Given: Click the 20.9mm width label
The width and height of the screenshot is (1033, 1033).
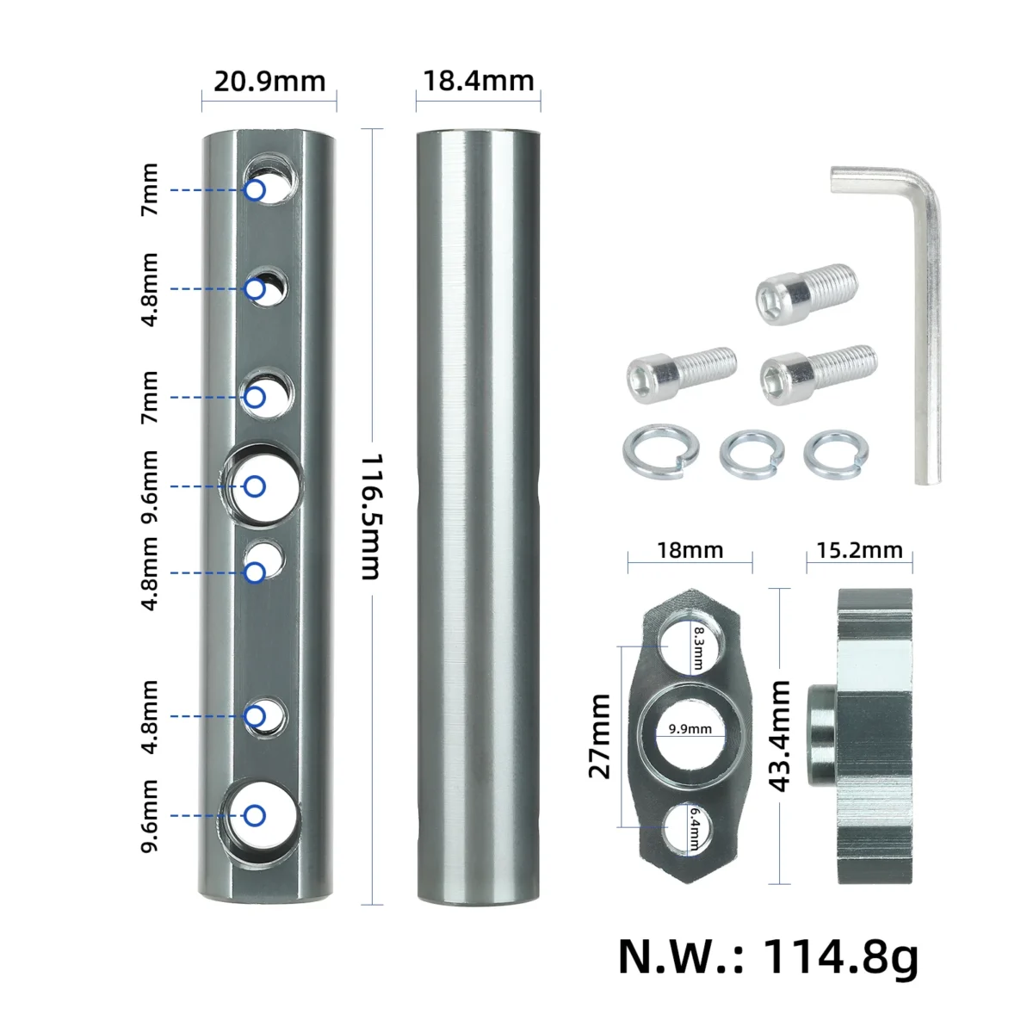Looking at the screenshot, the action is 269,82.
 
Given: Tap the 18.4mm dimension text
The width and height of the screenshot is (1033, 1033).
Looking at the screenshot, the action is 478,81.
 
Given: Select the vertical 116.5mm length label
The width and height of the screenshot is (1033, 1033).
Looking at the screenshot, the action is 371,516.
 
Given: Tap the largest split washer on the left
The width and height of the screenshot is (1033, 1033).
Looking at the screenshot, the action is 661,451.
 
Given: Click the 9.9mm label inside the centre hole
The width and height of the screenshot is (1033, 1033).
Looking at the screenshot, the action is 690,729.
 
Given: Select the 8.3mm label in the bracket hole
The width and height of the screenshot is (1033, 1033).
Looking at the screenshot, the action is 698,648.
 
